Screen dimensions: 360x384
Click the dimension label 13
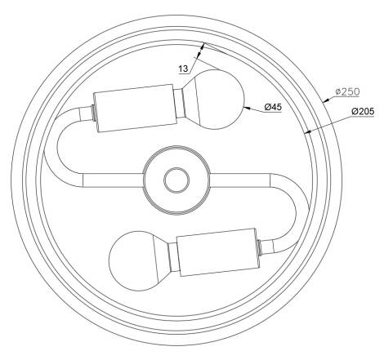(184, 69)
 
